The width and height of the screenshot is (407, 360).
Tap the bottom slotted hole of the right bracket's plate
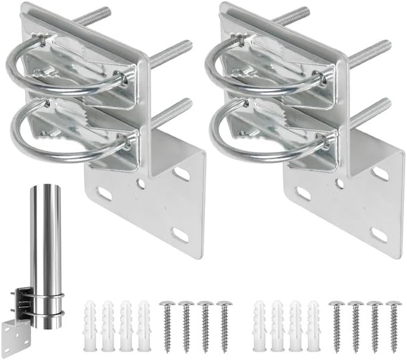tap(378, 235)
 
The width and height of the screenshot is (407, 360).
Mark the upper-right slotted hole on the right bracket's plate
tap(380, 174)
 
